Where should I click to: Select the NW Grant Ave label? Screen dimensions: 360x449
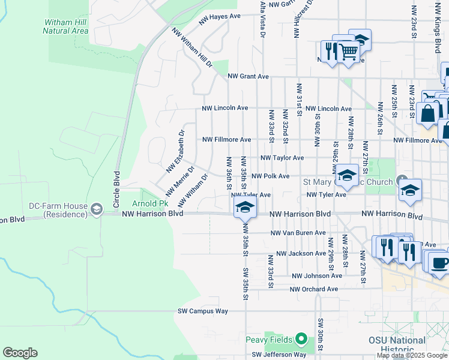coord(248,77)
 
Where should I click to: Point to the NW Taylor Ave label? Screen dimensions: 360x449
coord(282,158)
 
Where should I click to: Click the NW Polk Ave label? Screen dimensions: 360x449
coord(270,176)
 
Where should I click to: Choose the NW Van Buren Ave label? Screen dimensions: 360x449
coord(298,233)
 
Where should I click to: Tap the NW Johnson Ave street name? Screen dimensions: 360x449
coord(316,276)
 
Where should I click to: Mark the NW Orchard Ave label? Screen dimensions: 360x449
coord(313,289)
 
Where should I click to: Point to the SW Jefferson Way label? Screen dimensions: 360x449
coord(279,355)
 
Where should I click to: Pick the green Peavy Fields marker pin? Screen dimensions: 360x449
coord(303,340)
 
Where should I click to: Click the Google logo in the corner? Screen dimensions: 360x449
coord(20,353)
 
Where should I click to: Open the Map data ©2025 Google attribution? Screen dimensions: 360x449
coord(411,355)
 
